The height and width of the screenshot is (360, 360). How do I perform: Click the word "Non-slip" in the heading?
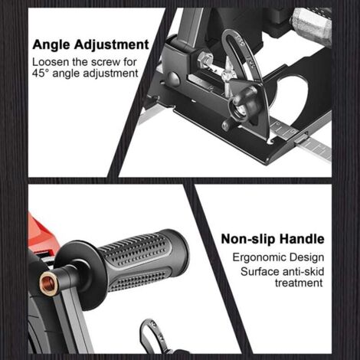coord(249,239)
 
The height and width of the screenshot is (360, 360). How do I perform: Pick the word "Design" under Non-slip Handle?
coord(307,257)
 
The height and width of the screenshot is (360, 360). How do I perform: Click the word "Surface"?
coord(260,271)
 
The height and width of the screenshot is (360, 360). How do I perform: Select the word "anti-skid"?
coord(302,271)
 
